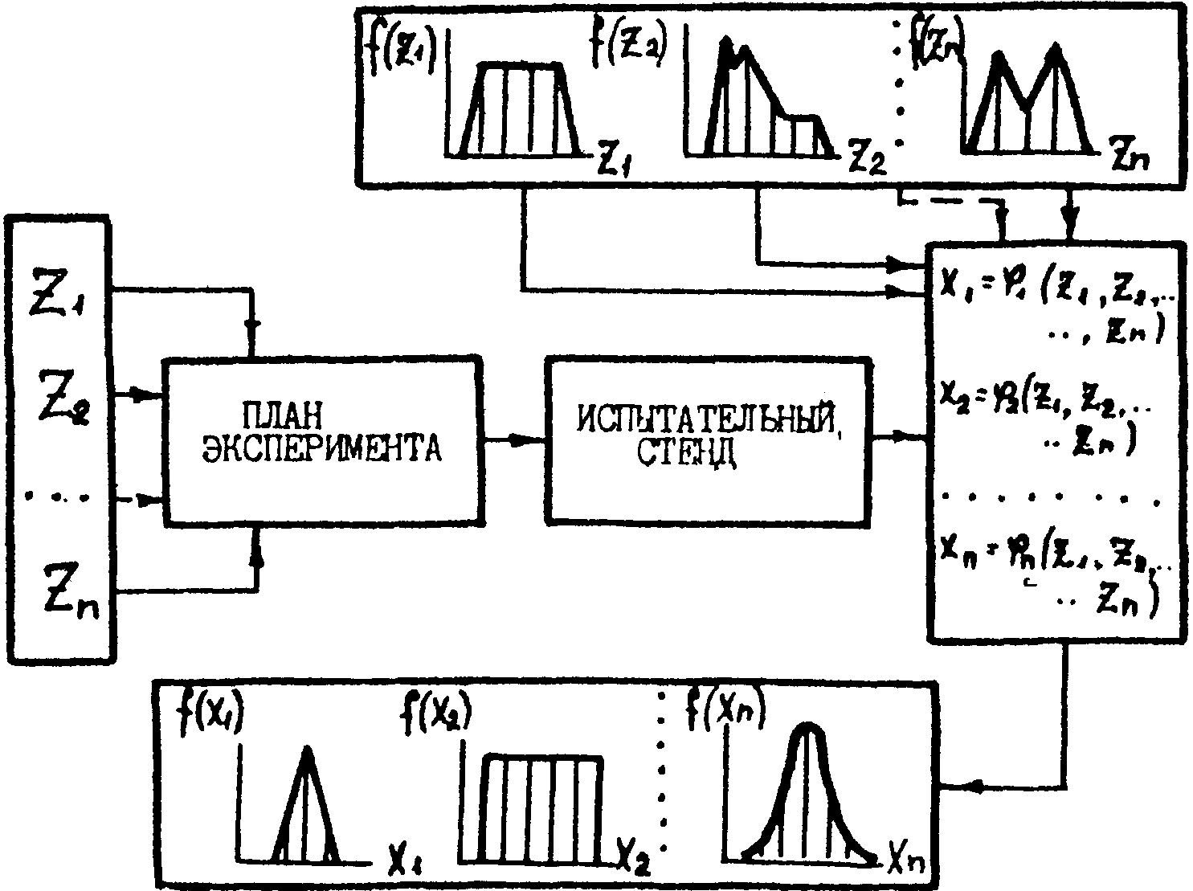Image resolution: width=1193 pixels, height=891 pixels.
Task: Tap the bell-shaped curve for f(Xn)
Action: click(807, 795)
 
